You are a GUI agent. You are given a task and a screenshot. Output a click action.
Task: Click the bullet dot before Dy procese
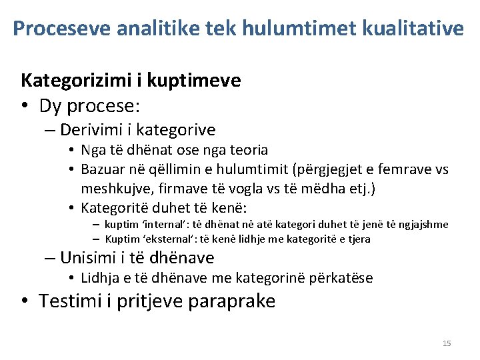click(25, 106)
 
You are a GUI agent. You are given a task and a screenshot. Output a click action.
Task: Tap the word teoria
click(245, 150)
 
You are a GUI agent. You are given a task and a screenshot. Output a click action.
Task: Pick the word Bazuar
click(103, 169)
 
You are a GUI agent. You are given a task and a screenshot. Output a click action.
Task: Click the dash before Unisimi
click(50, 258)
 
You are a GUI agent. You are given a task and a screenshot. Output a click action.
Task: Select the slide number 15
click(447, 343)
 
